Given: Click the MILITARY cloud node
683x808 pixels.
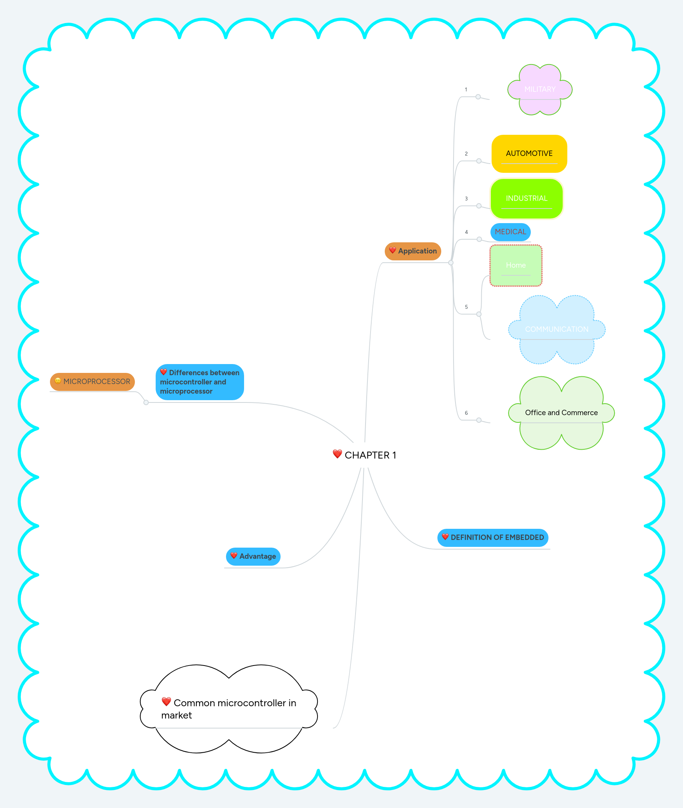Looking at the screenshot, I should tap(540, 89).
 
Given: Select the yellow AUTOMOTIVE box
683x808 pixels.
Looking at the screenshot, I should tap(529, 154).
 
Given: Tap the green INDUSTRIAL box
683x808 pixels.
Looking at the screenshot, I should tap(526, 199).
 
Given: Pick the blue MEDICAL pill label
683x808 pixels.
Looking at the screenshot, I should tap(510, 232).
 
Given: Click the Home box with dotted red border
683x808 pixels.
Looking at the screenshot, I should tap(516, 265).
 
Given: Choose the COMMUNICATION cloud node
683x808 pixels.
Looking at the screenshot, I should tap(557, 329).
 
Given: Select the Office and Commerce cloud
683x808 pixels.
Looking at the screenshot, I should tap(561, 413).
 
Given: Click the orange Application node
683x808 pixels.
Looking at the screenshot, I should tap(413, 251).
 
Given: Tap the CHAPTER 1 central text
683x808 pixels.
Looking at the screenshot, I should tap(370, 455).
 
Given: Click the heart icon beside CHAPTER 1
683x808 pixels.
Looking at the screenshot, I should tap(337, 454).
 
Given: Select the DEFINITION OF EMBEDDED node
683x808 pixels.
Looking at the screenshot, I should tap(492, 538).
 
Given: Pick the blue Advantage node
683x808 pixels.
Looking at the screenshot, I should tap(253, 556).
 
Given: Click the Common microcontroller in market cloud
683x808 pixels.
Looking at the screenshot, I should tap(228, 709).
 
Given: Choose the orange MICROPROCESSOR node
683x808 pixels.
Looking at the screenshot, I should tap(93, 382).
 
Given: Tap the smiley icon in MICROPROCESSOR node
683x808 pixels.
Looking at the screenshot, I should tap(58, 381).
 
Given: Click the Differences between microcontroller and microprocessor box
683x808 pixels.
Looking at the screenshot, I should tap(199, 382).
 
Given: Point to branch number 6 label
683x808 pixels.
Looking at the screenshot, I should tap(466, 413).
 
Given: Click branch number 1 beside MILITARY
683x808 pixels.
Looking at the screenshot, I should tap(466, 89).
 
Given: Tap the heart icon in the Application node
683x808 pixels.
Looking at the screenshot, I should tap(392, 250).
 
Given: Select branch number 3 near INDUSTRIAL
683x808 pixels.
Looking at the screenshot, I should tap(466, 199).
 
